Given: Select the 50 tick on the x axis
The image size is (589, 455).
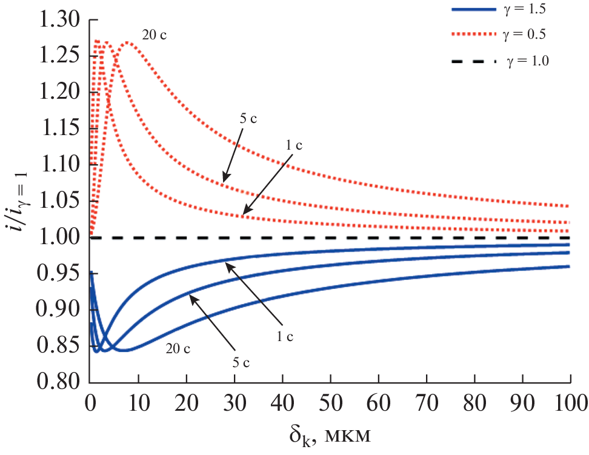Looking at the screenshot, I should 330,402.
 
